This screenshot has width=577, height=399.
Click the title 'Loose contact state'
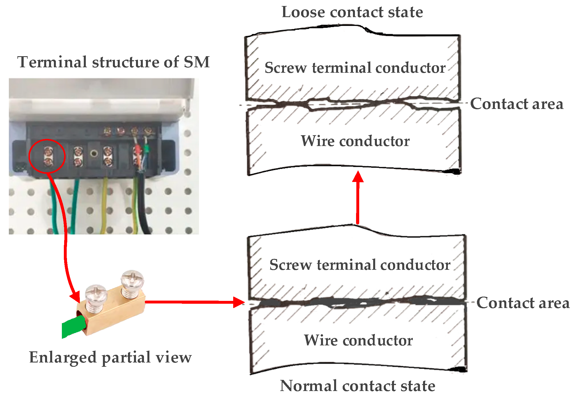pyautogui.click(x=352, y=12)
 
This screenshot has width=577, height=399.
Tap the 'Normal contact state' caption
pyautogui.click(x=357, y=386)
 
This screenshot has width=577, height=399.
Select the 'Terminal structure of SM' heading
pyautogui.click(x=113, y=62)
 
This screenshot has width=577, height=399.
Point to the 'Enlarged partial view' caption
pyautogui.click(x=110, y=357)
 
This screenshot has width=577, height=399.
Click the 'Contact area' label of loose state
pyautogui.click(x=517, y=104)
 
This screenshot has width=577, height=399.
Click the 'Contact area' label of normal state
pyautogui.click(x=523, y=303)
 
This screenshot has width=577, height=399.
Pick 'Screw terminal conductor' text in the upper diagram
pyautogui.click(x=355, y=68)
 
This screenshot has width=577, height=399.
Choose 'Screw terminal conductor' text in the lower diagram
pyautogui.click(x=360, y=265)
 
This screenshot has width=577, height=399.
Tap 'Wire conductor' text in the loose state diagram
pyautogui.click(x=355, y=141)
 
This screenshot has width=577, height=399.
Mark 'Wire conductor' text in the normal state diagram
pyautogui.click(x=358, y=340)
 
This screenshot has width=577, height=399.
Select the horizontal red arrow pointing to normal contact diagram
pyautogui.click(x=194, y=302)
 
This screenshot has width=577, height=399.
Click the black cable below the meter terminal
pyautogui.click(x=146, y=205)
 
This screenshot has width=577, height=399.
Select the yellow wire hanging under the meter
pyautogui.click(x=105, y=205)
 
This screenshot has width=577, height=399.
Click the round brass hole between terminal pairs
pyautogui.click(x=94, y=154)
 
